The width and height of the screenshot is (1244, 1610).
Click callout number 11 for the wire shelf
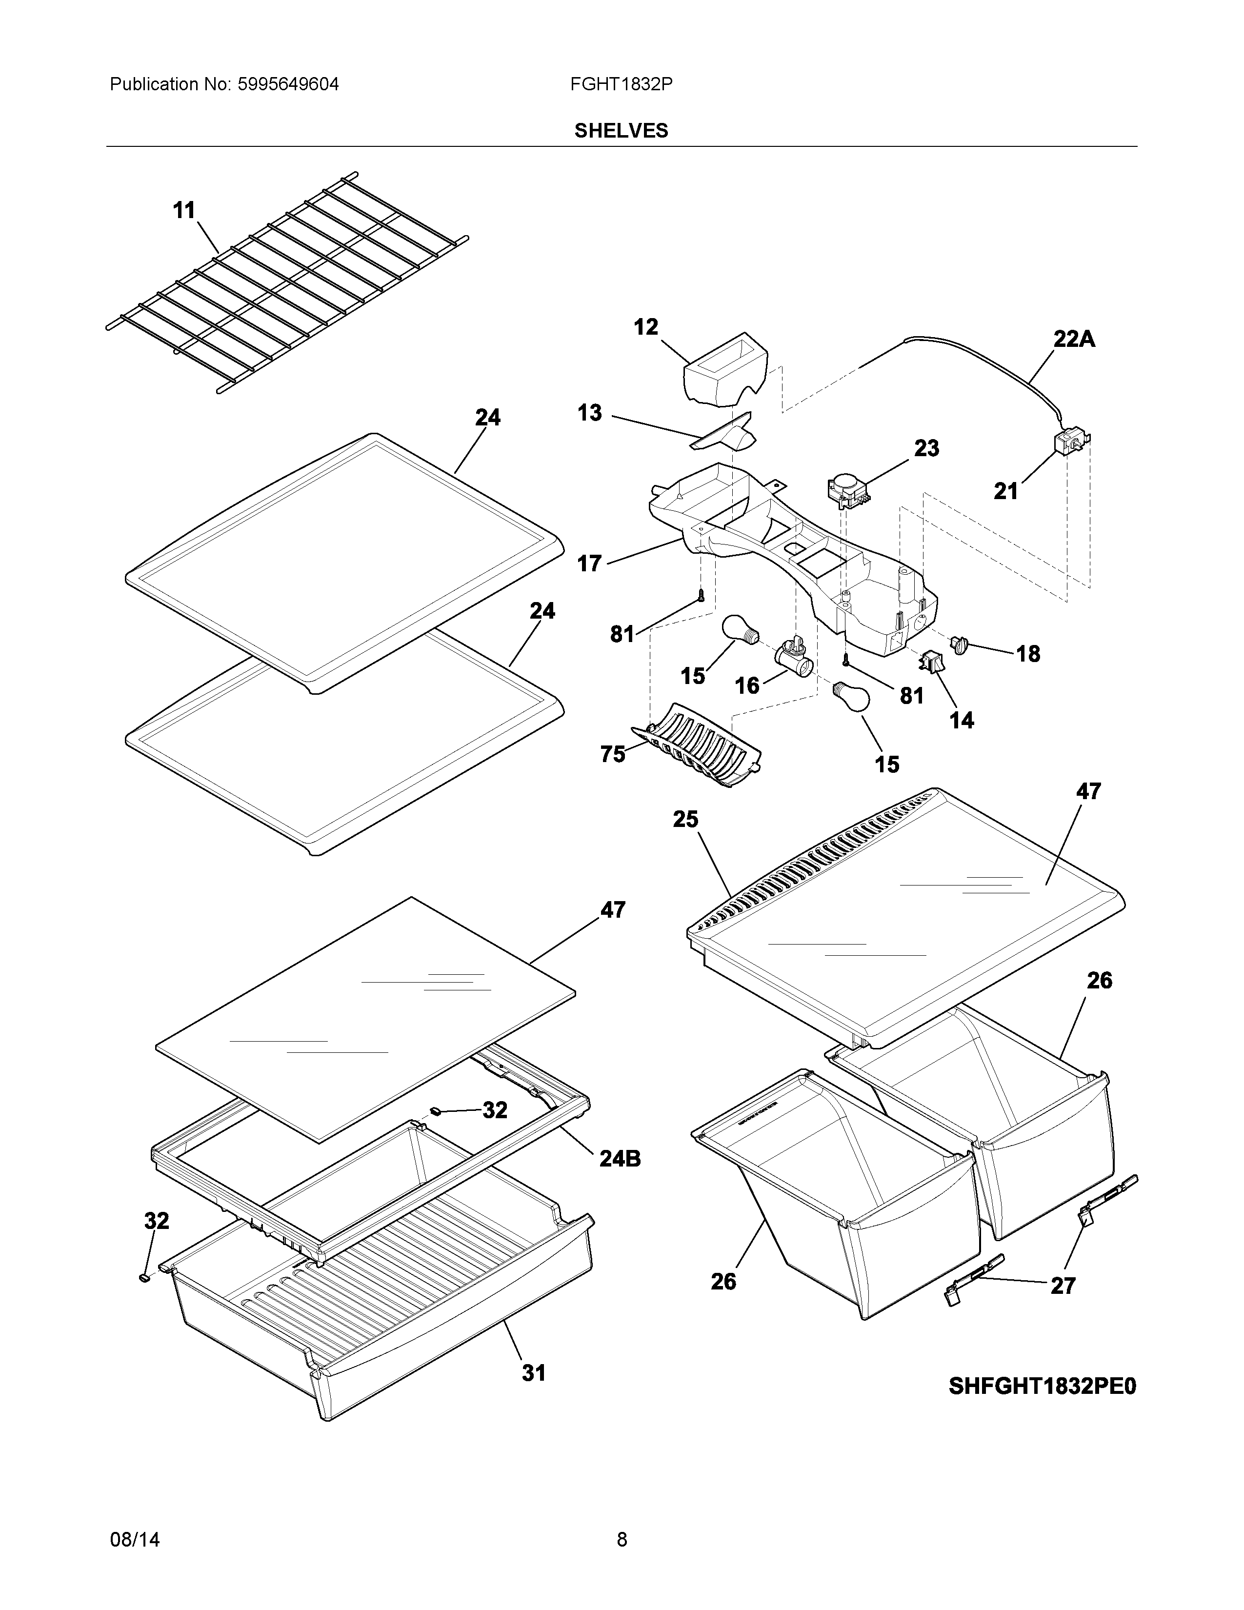[184, 211]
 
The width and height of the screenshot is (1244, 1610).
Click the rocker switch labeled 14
[931, 661]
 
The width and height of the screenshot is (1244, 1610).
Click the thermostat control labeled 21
[1067, 445]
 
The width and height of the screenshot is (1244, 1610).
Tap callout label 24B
[620, 1159]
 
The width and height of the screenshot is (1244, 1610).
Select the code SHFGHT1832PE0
[1042, 1387]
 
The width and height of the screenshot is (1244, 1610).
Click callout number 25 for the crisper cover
[685, 819]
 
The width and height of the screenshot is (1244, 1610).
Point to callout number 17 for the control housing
[590, 564]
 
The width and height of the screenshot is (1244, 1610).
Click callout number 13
[590, 413]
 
